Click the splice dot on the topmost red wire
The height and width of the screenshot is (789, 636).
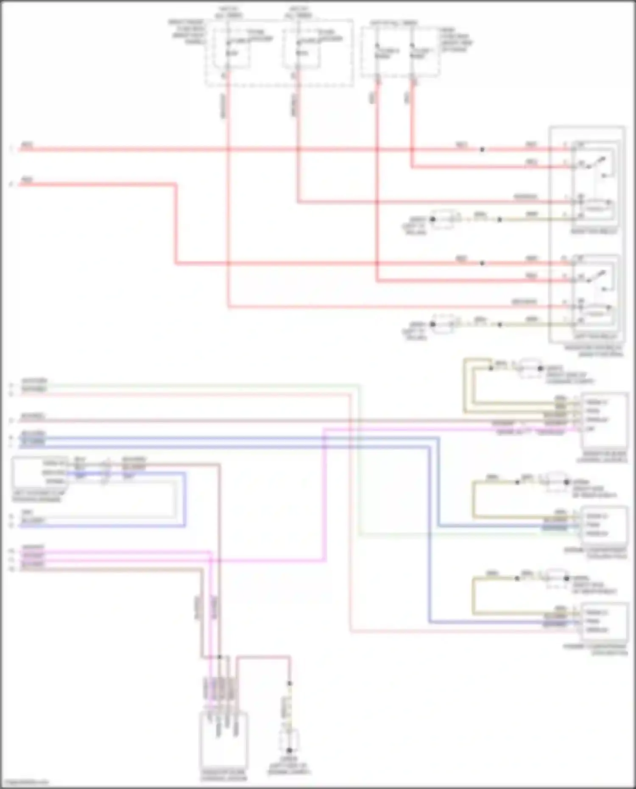pyautogui.click(x=482, y=149)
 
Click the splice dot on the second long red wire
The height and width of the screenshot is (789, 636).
pyautogui.click(x=482, y=263)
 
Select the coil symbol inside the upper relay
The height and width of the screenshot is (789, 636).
pyautogui.click(x=596, y=207)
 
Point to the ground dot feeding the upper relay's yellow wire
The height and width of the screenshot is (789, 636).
pyautogui.click(x=432, y=219)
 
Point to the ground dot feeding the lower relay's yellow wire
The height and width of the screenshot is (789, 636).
pyautogui.click(x=432, y=324)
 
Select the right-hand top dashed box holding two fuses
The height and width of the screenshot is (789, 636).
pyautogui.click(x=400, y=52)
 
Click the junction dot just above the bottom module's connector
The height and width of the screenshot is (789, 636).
pyautogui.click(x=219, y=657)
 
